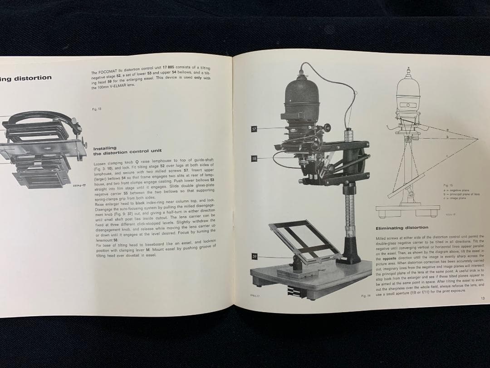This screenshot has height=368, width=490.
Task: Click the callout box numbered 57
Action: pos(254,129)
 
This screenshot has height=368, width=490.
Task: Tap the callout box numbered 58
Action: pos(254,158)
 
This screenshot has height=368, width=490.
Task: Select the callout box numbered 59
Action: pos(255,257)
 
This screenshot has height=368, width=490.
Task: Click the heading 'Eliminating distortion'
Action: pos(402,228)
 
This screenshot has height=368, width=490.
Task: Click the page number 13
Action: pos(482,298)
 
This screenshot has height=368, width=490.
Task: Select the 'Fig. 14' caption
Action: pos(366,296)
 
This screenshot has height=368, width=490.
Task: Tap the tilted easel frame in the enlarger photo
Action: pos(304,241)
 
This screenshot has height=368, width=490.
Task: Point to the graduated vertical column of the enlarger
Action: pos(349,209)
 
